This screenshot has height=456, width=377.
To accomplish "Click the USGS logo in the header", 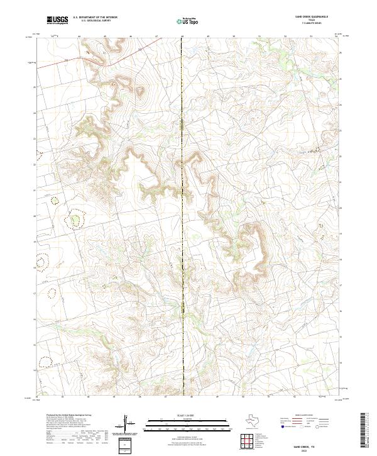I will [x=57, y=20].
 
